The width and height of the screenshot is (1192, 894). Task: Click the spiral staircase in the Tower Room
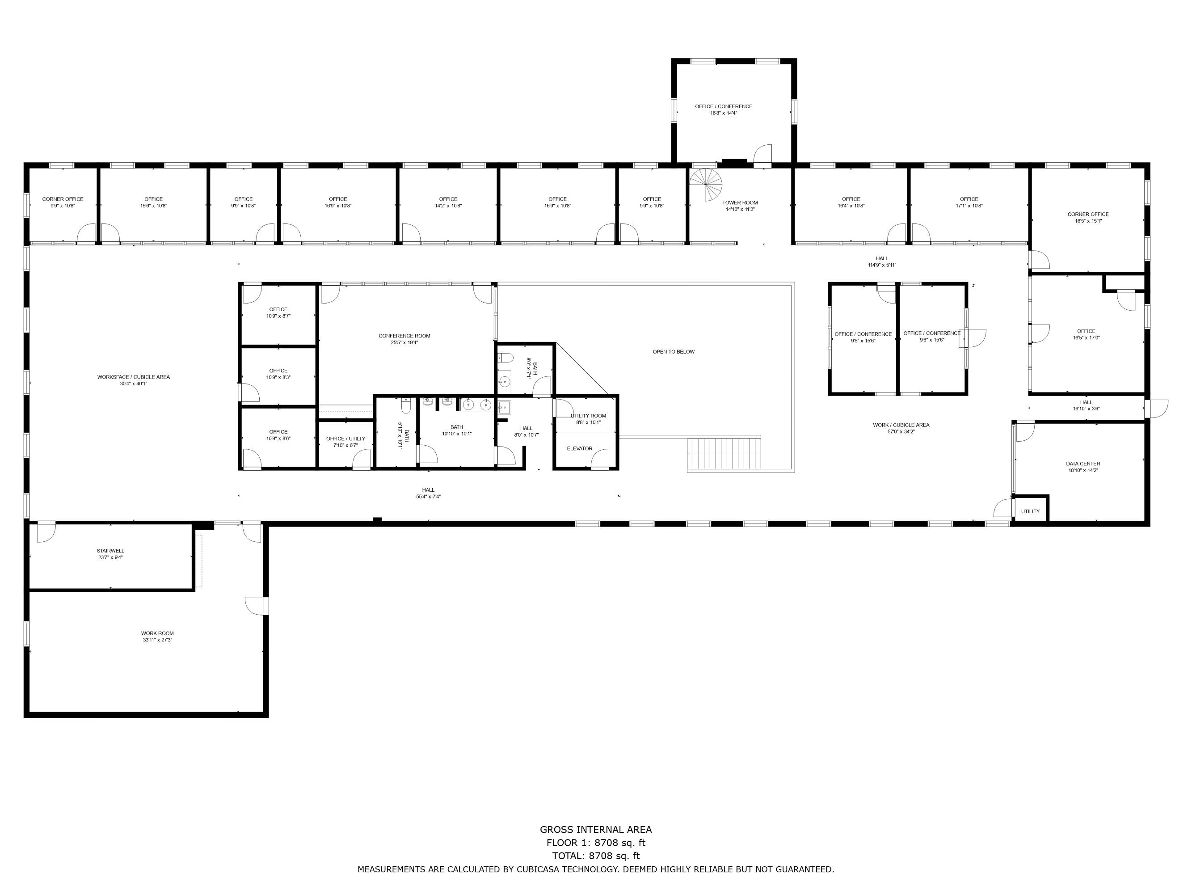click(706, 184)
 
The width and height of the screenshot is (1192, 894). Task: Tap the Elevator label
click(579, 448)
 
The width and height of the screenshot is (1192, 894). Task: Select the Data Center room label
click(1083, 464)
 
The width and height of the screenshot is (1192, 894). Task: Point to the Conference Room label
click(404, 336)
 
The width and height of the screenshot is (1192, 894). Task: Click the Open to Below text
click(674, 352)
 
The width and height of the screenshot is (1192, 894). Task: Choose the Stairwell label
click(110, 551)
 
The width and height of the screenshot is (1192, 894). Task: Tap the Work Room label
click(157, 633)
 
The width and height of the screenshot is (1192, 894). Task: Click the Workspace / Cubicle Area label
click(134, 377)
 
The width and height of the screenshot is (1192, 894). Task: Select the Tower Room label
click(740, 202)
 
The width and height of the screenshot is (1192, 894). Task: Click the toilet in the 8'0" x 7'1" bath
click(505, 357)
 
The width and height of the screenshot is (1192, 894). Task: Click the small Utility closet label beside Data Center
click(1030, 511)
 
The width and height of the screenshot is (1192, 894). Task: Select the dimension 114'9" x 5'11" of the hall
click(882, 265)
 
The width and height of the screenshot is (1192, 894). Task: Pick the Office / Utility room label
click(345, 439)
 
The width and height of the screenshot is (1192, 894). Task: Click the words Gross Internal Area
click(596, 830)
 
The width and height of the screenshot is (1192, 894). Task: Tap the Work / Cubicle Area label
click(901, 425)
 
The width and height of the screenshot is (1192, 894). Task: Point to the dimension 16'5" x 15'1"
click(1088, 221)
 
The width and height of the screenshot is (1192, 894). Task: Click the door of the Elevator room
click(600, 459)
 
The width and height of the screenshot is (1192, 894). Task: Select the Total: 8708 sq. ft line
click(596, 856)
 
